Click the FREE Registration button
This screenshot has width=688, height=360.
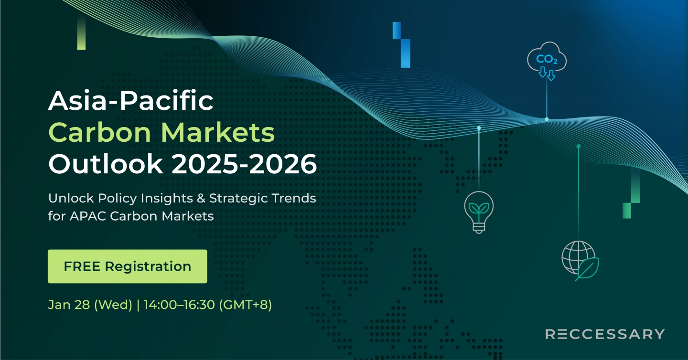pos(128,266)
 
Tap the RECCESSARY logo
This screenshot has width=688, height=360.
pos(605,334)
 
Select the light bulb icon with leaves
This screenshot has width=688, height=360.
pos(479,212)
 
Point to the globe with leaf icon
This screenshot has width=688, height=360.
pos(580,261)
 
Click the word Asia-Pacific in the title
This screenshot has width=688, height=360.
pos(131,101)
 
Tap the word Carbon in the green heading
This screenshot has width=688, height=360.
pos(100,133)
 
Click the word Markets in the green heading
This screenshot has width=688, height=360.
pos(218,133)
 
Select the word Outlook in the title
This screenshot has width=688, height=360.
pos(105,164)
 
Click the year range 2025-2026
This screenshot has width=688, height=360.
pos(244,164)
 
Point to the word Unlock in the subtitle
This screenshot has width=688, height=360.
pos(71,198)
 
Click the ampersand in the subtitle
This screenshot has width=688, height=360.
pos(201,198)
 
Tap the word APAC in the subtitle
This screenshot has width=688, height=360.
pos(88,216)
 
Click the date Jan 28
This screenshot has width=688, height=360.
pos(69,305)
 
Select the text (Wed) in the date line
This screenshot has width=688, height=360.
pos(113,305)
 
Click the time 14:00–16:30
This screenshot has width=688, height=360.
pos(179,305)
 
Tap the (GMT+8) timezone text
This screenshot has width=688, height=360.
pos(246,305)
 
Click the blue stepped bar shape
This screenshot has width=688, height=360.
pos(401,45)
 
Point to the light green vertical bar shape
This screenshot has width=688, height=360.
pos(81,32)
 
